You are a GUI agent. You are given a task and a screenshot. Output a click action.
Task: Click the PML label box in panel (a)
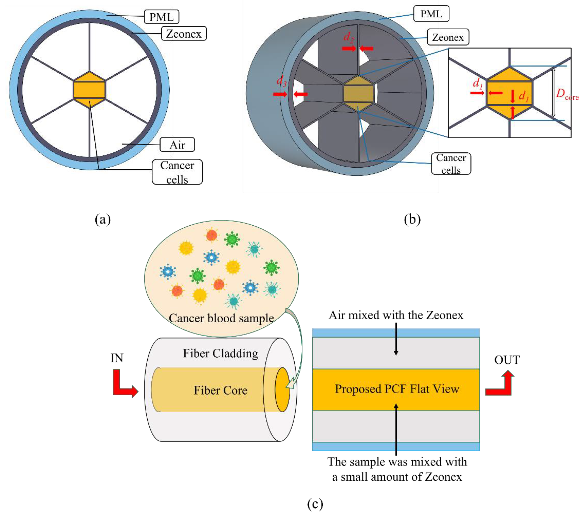pyautogui.click(x=161, y=17)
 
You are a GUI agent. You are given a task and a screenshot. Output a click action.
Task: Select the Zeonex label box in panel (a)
pyautogui.click(x=184, y=34)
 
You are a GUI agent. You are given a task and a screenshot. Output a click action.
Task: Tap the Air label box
pyautogui.click(x=177, y=145)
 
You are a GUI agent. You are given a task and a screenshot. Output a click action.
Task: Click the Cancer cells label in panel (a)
pyautogui.click(x=177, y=172)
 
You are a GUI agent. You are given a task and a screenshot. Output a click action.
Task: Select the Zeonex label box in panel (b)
pyautogui.click(x=448, y=37)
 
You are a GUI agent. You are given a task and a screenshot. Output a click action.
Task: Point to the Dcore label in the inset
pyautogui.click(x=567, y=94)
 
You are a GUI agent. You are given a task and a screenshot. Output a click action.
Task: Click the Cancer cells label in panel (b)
pyautogui.click(x=451, y=164)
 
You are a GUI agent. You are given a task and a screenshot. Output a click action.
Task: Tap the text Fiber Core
pyautogui.click(x=220, y=390)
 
